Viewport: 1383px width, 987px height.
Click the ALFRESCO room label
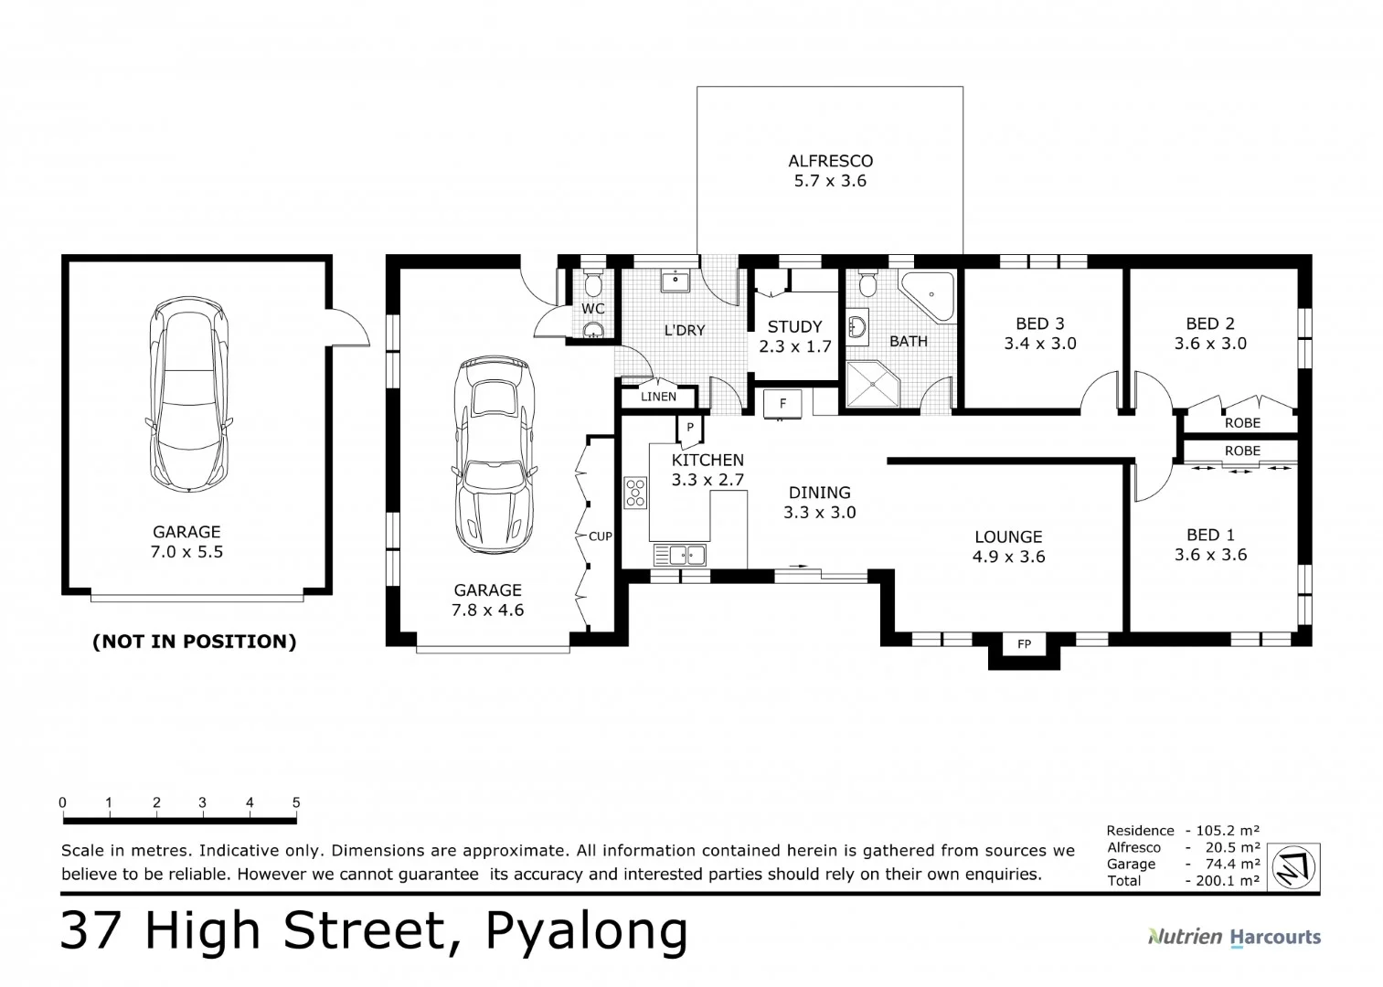pyautogui.click(x=830, y=161)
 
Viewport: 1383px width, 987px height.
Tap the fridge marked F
pyautogui.click(x=782, y=404)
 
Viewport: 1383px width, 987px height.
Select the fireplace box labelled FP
pyautogui.click(x=1025, y=643)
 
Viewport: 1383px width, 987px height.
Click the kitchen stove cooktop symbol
pyautogui.click(x=635, y=493)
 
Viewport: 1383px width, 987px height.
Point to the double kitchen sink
pyautogui.click(x=680, y=555)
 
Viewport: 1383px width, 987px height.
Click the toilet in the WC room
pyautogui.click(x=594, y=283)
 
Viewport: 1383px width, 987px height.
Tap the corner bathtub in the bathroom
pyautogui.click(x=928, y=297)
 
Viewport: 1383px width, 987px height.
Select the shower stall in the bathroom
pyautogui.click(x=873, y=384)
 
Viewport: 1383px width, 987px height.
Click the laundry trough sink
pyautogui.click(x=676, y=281)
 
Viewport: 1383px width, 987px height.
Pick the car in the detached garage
pyautogui.click(x=189, y=395)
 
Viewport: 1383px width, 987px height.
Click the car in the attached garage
pyautogui.click(x=494, y=454)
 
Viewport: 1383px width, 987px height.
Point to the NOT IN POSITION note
pyautogui.click(x=195, y=642)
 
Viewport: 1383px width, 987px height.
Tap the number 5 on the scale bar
pyautogui.click(x=296, y=802)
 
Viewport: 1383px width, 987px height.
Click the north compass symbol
pyautogui.click(x=1293, y=867)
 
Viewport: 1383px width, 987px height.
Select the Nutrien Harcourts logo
pyautogui.click(x=1234, y=937)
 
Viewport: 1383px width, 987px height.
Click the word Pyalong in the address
pyautogui.click(x=587, y=931)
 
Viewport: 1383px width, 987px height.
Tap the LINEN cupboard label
pyautogui.click(x=658, y=397)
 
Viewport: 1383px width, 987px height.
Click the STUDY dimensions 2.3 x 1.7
pyautogui.click(x=795, y=346)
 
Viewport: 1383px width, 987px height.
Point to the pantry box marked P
pyautogui.click(x=690, y=427)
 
